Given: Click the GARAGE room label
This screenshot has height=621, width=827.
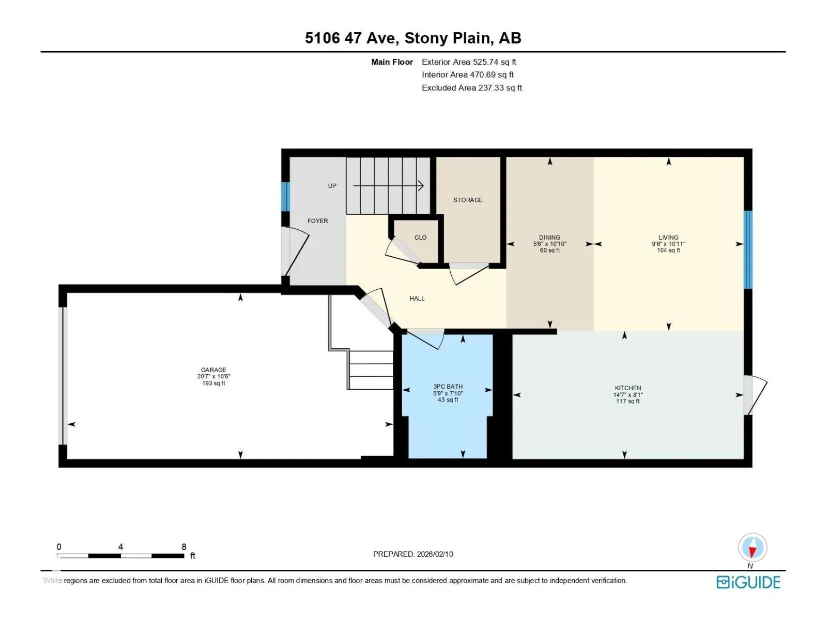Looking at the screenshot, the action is (x=213, y=370).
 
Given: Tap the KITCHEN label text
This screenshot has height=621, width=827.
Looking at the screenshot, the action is (x=627, y=388).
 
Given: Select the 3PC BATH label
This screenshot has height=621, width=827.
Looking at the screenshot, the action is (x=448, y=387).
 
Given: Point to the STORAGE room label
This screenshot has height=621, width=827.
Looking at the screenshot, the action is (x=468, y=200).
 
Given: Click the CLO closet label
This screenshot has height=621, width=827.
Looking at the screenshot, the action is (x=420, y=237).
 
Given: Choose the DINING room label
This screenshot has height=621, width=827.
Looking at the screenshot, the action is (x=549, y=237).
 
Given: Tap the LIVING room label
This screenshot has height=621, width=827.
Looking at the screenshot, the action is (x=668, y=237).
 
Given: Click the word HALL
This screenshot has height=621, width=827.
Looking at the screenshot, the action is (x=417, y=298).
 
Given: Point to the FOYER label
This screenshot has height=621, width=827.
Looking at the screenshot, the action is (x=317, y=221).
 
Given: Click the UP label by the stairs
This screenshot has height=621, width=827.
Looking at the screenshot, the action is (x=332, y=186).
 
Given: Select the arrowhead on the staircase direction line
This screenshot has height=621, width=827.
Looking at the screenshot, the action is (x=421, y=185).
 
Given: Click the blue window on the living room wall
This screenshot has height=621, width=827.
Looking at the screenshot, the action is (x=748, y=249).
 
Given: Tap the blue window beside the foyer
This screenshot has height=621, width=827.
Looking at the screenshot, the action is (x=286, y=197).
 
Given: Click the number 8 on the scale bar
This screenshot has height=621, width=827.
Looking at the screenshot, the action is (x=184, y=546).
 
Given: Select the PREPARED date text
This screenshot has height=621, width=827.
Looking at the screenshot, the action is (x=413, y=554).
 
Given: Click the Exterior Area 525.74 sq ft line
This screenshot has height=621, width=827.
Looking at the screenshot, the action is (x=469, y=62).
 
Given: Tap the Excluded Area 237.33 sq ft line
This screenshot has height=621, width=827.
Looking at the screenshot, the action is (x=472, y=88).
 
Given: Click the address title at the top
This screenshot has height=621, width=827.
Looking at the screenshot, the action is (x=413, y=38).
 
